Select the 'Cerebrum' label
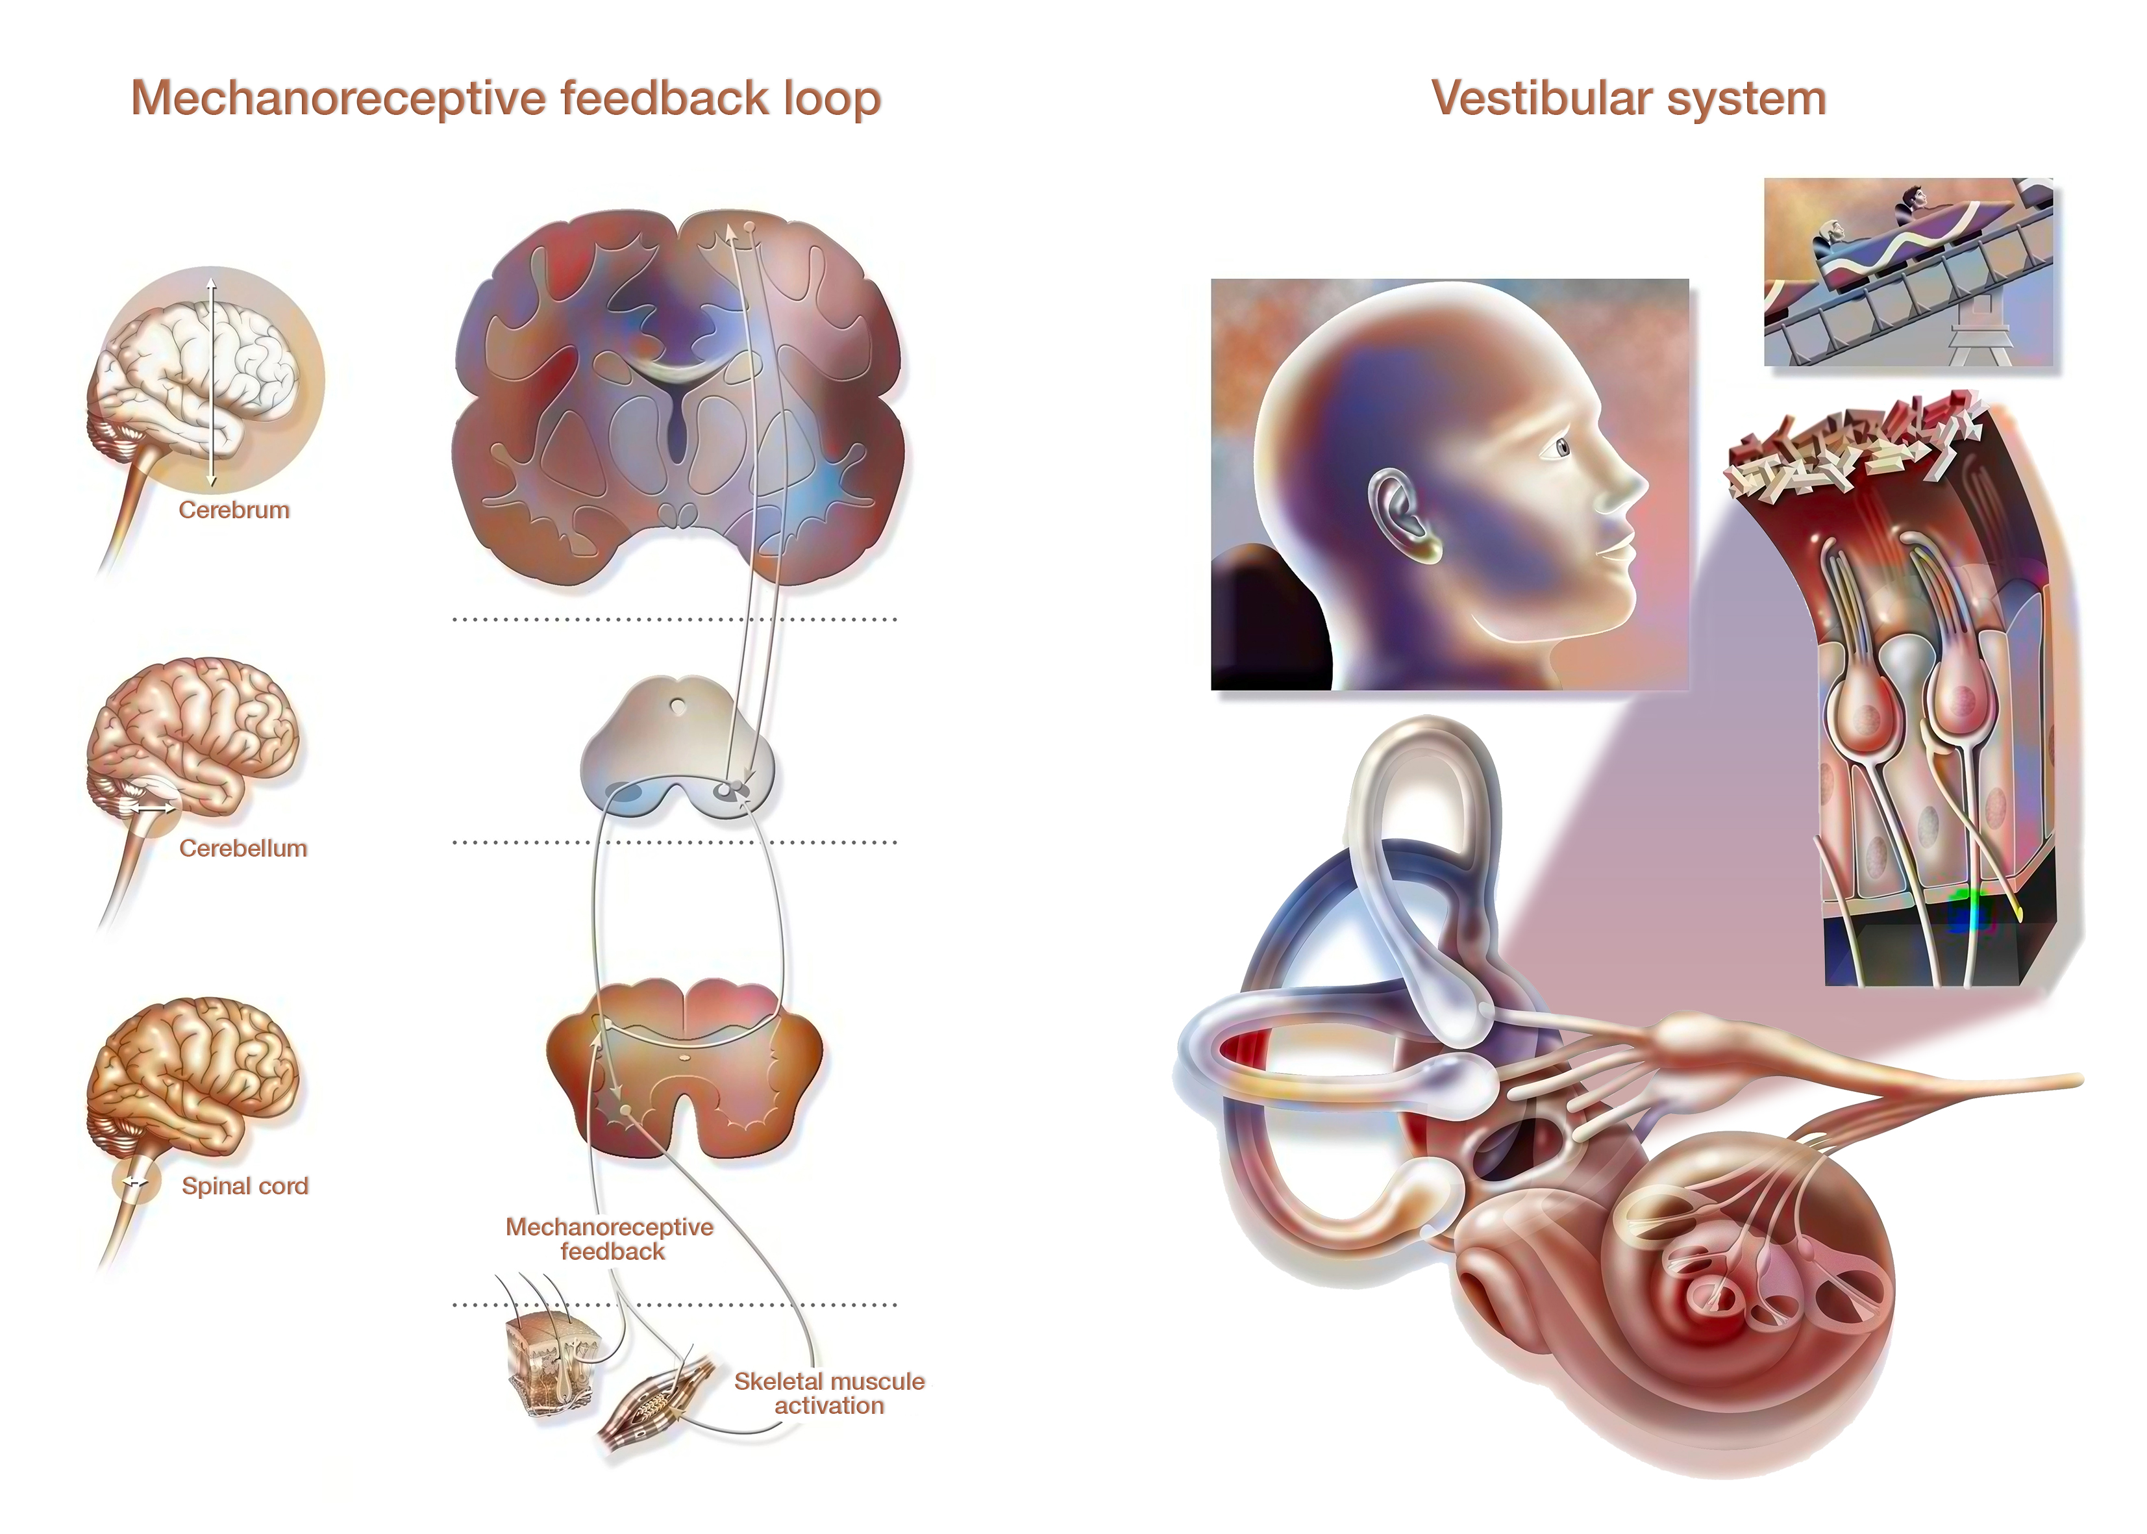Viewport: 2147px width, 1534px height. [234, 510]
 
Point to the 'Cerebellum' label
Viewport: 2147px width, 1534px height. [243, 848]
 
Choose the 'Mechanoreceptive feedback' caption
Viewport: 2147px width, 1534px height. [610, 1239]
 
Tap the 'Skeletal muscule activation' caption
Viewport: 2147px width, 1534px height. [829, 1393]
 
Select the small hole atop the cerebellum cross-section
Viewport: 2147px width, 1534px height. [677, 705]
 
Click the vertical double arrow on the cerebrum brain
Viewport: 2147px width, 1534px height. [212, 382]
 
